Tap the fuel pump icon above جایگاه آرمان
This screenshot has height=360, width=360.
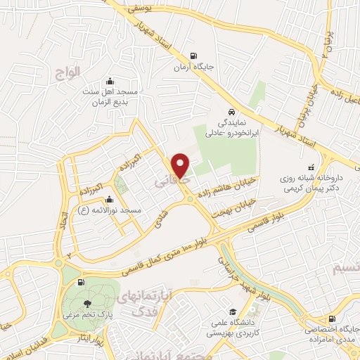click(194, 57)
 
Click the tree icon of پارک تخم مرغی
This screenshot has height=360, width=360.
click(86, 304)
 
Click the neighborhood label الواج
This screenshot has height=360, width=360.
click(68, 70)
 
